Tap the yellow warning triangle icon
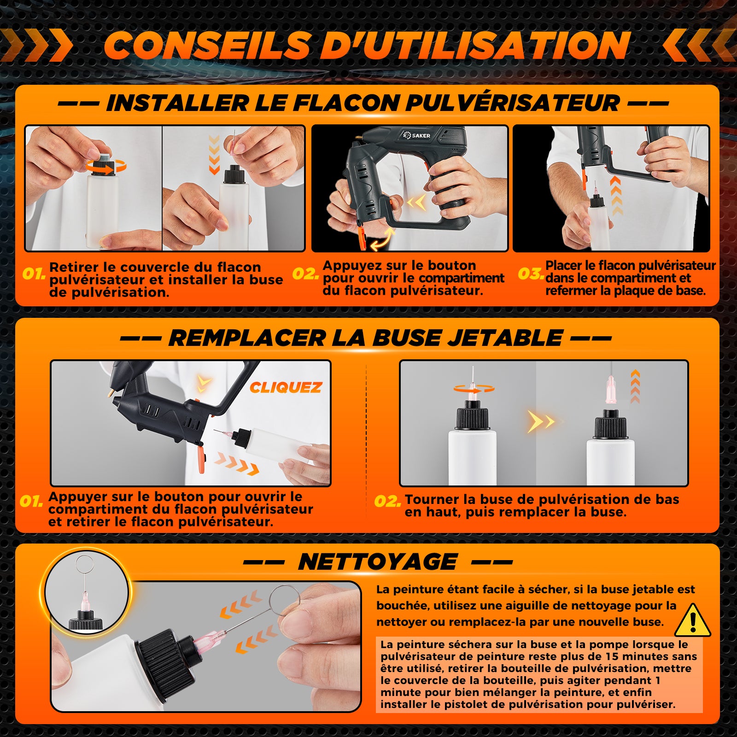(x=693, y=620)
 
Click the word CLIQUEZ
(x=286, y=388)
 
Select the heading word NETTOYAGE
(x=378, y=562)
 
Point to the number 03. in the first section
(x=531, y=274)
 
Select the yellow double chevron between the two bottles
(x=541, y=421)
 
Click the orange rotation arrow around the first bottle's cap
(x=105, y=166)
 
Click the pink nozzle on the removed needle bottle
(x=612, y=390)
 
